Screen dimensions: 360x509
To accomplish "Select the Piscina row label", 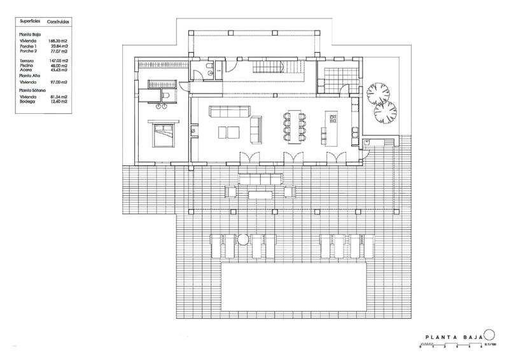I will click(x=27, y=65).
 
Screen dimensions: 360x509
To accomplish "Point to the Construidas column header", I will click(x=58, y=21).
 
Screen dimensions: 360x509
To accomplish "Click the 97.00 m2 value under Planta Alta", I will click(x=58, y=82).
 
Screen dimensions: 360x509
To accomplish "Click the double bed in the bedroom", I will click(x=163, y=133).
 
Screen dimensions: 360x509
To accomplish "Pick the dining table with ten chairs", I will click(x=293, y=125).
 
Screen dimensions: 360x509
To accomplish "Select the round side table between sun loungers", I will click(x=242, y=240).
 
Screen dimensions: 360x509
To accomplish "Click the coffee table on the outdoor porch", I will click(x=261, y=193).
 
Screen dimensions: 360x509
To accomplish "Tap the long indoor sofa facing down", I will click(x=229, y=113).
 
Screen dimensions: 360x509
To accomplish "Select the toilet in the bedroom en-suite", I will click(x=165, y=95).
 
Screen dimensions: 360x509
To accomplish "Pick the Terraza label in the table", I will click(x=28, y=60).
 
